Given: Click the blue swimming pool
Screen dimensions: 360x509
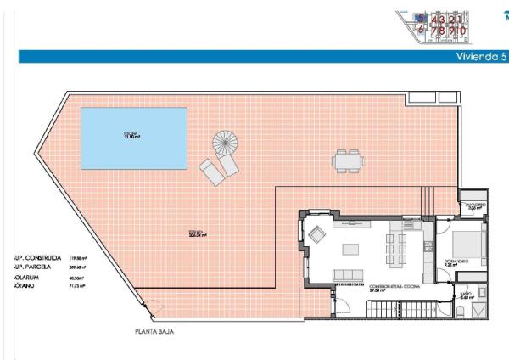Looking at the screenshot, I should [x=133, y=137].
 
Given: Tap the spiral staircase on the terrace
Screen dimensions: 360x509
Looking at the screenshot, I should [x=226, y=143].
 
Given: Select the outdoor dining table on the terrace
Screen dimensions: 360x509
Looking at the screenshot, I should [x=346, y=159].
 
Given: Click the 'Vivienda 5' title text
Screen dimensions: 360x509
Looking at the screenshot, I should [x=480, y=56].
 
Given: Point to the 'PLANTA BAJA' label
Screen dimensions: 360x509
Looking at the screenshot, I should [x=154, y=331].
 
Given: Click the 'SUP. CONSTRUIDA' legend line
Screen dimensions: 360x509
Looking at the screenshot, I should [x=34, y=256].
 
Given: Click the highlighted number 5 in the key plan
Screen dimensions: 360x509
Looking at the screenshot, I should [x=419, y=18].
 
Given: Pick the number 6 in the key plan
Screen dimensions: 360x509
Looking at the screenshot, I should [x=419, y=30].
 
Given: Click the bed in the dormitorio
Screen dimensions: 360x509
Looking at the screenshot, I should [x=471, y=244].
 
